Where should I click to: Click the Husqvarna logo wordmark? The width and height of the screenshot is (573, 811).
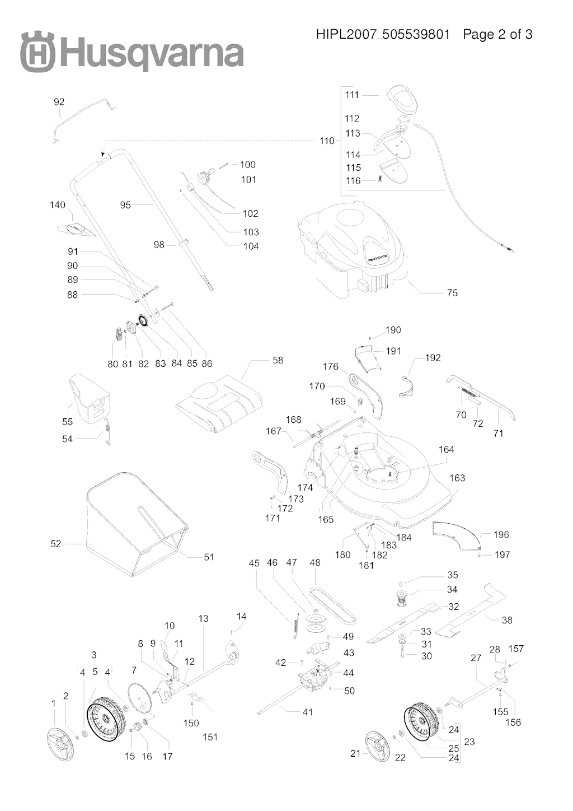(x=132, y=53)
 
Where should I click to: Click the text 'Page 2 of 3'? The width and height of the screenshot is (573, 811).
(x=497, y=35)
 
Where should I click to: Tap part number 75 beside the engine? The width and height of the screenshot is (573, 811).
(x=452, y=292)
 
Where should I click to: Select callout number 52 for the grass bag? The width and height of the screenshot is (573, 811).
(x=56, y=544)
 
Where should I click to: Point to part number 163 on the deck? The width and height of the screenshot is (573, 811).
(x=457, y=478)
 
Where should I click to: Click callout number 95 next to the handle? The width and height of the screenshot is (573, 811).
(x=125, y=205)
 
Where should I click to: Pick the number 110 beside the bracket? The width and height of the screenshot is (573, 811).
(x=327, y=141)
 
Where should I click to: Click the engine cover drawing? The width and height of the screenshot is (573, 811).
(x=353, y=246)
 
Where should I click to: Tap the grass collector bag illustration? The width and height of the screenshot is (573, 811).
(x=134, y=524)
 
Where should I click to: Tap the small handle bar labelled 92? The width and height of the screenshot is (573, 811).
(x=84, y=118)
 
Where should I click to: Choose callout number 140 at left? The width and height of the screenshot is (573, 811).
(x=58, y=205)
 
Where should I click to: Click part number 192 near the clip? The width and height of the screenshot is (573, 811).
(x=433, y=357)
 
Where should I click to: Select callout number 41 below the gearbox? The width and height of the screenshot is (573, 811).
(x=307, y=712)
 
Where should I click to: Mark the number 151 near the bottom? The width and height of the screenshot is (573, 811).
(x=210, y=737)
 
